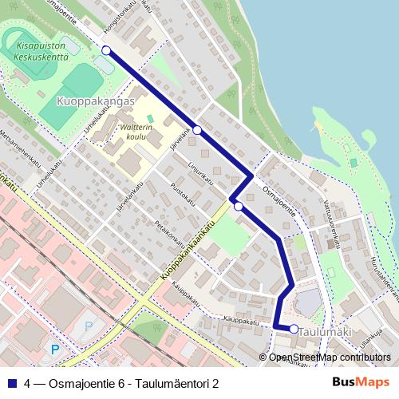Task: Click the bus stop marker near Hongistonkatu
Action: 106,51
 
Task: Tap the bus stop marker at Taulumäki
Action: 294,329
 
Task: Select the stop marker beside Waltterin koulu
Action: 197,130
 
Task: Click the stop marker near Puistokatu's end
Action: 238,206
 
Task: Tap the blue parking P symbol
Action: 54,349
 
